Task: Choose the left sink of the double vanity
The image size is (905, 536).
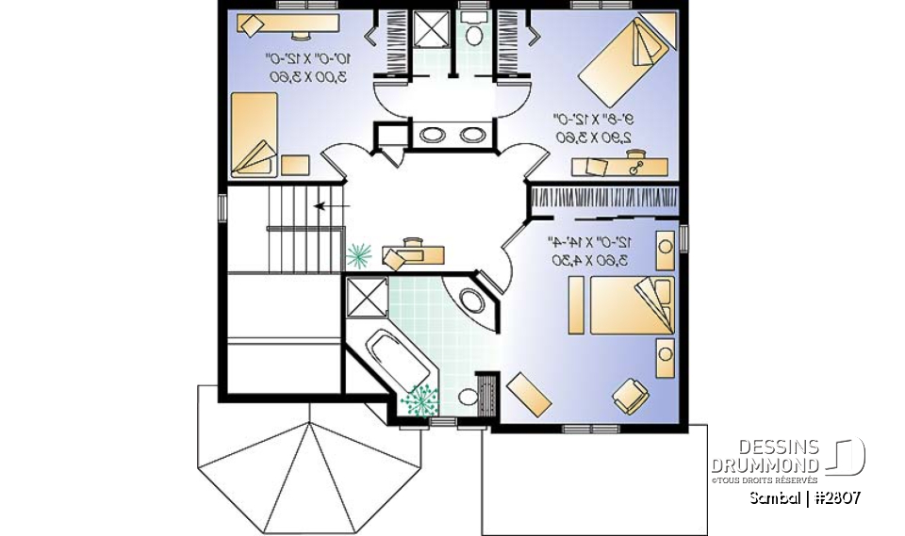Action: pyautogui.click(x=432, y=134)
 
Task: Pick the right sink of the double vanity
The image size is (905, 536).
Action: pyautogui.click(x=471, y=134)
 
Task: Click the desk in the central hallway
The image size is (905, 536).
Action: pyautogui.click(x=413, y=252)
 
